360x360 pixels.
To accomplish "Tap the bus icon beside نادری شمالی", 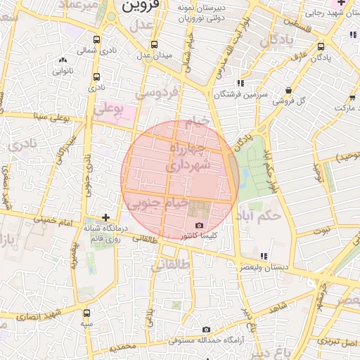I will click(96, 40).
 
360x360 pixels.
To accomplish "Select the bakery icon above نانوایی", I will click(63, 60).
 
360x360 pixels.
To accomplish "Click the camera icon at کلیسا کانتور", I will click(199, 225).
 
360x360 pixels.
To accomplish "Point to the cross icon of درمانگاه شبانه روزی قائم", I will click(105, 218).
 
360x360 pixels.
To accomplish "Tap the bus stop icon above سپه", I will click(86, 313).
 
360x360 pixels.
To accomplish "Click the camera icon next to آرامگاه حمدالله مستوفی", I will click(206, 329).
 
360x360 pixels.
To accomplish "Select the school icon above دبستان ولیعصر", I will click(264, 256).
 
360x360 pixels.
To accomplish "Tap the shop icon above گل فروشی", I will click(290, 90).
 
